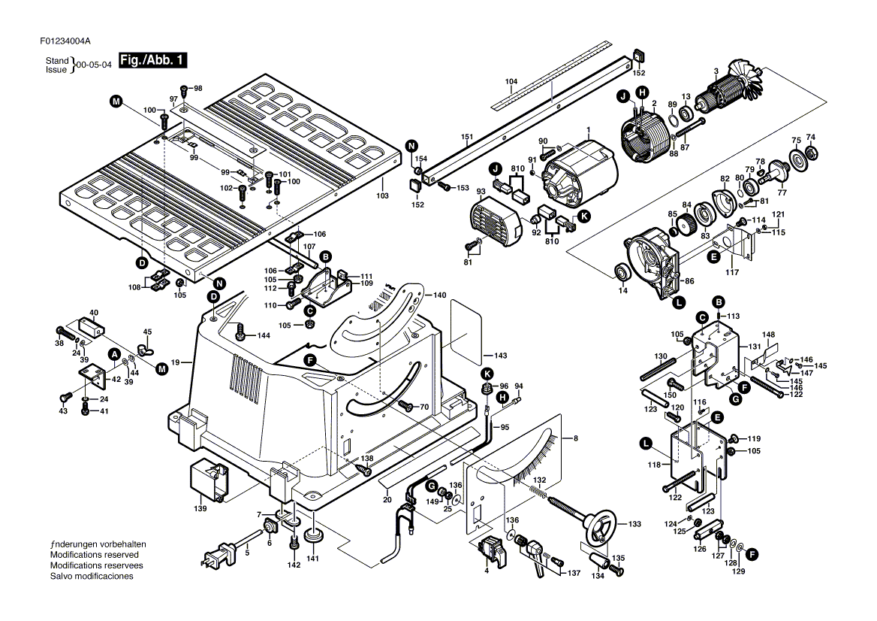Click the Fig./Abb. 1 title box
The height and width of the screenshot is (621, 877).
[x=152, y=60]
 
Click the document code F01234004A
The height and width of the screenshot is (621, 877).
[x=65, y=41]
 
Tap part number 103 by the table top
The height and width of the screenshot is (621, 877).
[x=382, y=196]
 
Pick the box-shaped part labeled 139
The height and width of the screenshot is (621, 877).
[x=209, y=481]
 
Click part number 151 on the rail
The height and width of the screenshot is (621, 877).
[x=467, y=137]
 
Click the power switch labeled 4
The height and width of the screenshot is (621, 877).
[x=493, y=552]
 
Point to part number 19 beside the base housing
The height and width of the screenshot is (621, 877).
[x=175, y=362]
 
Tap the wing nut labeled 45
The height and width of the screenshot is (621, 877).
[x=146, y=350]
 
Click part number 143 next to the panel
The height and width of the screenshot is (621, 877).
[x=501, y=356]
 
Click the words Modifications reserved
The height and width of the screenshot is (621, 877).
[x=95, y=555]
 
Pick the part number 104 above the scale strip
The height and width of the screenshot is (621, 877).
[x=511, y=81]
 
